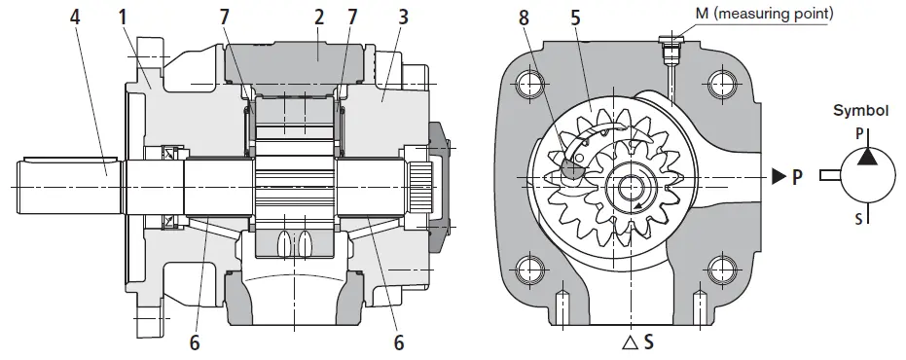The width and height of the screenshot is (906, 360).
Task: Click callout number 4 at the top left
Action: tap(75, 17)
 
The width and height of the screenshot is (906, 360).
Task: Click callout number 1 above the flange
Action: tap(123, 17)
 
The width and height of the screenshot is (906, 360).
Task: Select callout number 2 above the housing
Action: tap(319, 17)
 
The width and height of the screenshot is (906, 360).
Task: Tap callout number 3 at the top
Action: tap(403, 17)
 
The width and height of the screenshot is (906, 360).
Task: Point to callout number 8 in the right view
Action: tap(524, 18)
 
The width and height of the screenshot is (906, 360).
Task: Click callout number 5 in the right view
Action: tap(574, 18)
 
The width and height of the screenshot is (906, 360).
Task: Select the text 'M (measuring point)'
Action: tap(765, 14)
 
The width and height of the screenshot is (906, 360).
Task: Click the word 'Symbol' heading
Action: tap(861, 111)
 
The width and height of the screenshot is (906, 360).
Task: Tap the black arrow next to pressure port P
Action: tap(779, 177)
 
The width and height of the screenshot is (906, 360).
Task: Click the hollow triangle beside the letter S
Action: tap(630, 343)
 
